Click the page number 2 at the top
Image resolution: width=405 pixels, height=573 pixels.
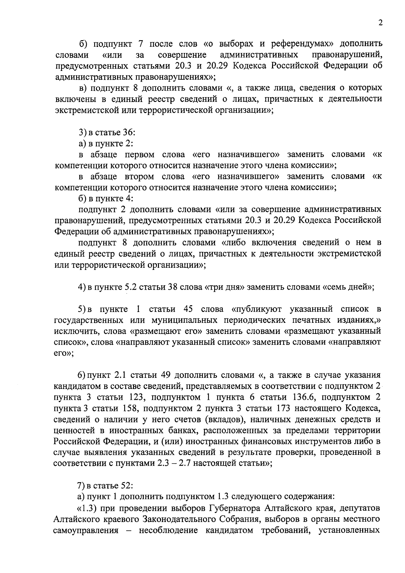[x=380, y=23]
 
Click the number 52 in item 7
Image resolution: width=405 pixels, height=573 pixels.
[x=127, y=486]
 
